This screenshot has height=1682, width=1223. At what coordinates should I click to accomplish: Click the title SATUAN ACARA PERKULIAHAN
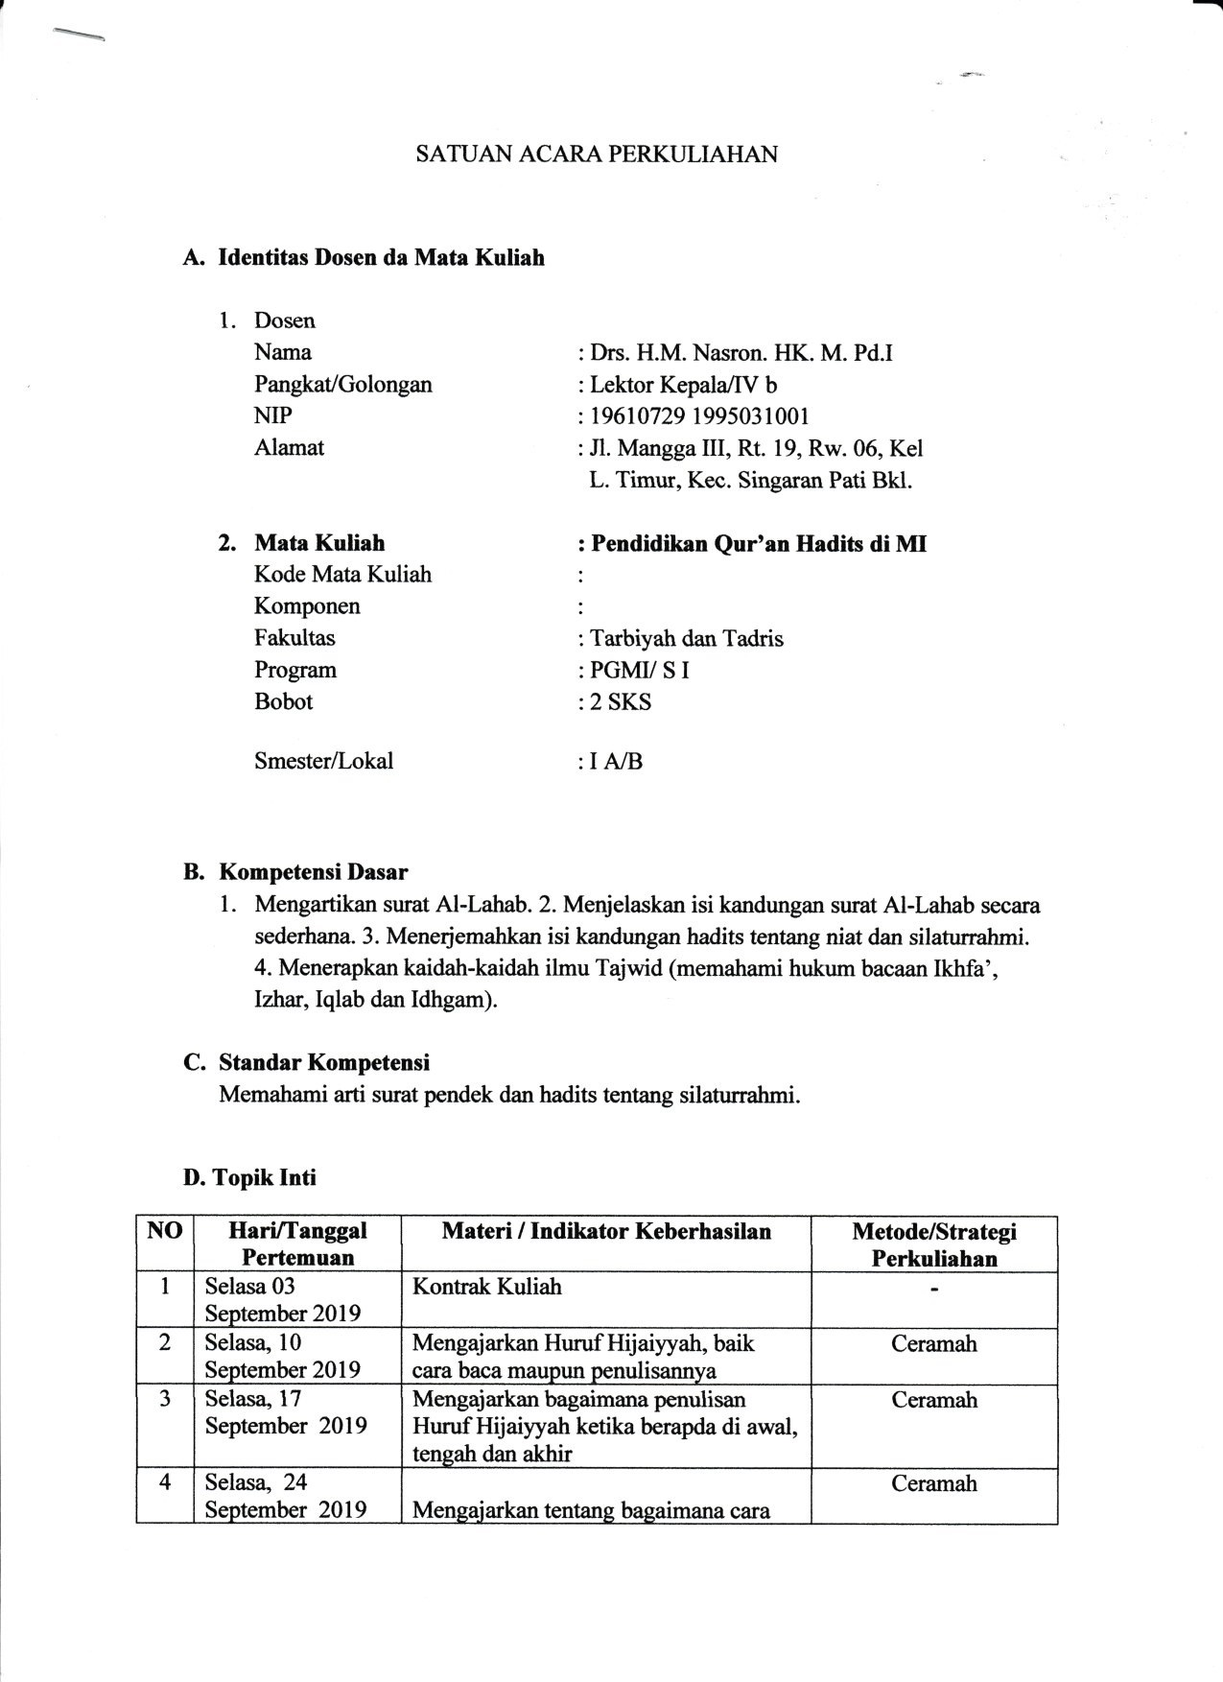(596, 154)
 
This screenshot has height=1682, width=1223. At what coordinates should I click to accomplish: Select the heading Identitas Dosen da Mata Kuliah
(381, 258)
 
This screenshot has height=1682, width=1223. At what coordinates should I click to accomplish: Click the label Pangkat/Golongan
(342, 385)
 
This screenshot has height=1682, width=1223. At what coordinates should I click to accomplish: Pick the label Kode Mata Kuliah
(342, 575)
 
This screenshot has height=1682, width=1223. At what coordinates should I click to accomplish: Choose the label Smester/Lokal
(323, 762)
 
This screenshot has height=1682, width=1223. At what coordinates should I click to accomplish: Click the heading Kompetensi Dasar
(313, 873)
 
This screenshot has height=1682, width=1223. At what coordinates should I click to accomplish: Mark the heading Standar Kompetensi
(323, 1063)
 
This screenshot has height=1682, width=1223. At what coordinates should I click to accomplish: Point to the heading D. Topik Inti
(249, 1177)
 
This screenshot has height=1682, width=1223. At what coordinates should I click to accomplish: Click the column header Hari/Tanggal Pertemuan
(297, 1244)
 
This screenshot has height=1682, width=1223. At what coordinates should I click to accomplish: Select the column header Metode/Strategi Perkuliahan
(933, 1244)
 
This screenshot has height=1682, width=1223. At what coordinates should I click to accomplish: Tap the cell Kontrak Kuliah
(486, 1287)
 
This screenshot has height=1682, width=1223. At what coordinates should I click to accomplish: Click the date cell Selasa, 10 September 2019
(282, 1356)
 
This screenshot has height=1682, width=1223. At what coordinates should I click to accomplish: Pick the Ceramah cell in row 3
(933, 1400)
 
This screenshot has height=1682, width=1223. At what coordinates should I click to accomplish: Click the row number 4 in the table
(165, 1482)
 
